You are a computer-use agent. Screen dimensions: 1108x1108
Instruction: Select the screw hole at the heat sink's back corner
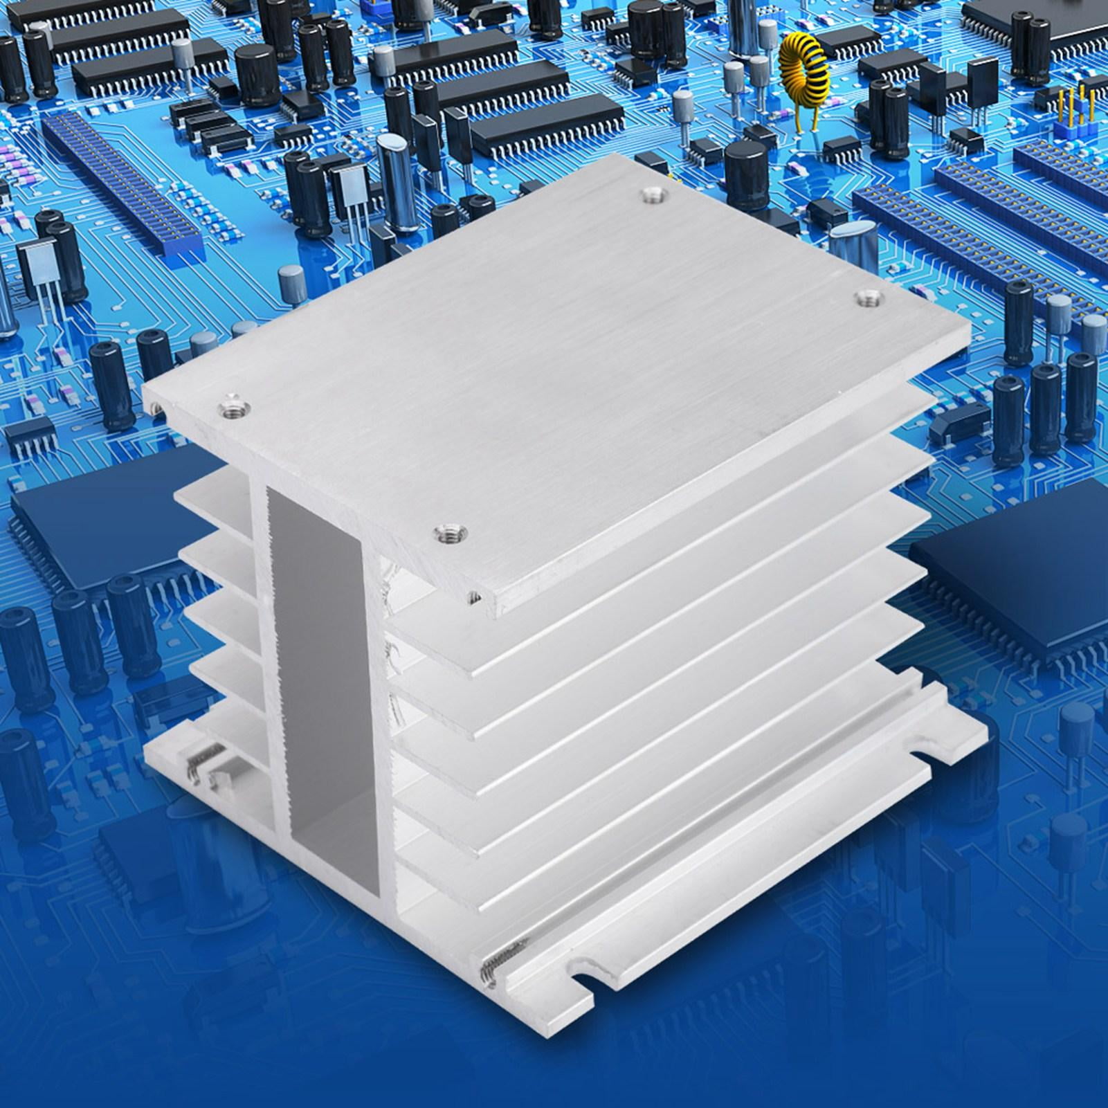coord(651,195)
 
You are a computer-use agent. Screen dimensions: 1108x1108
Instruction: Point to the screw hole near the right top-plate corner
coord(865,298)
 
